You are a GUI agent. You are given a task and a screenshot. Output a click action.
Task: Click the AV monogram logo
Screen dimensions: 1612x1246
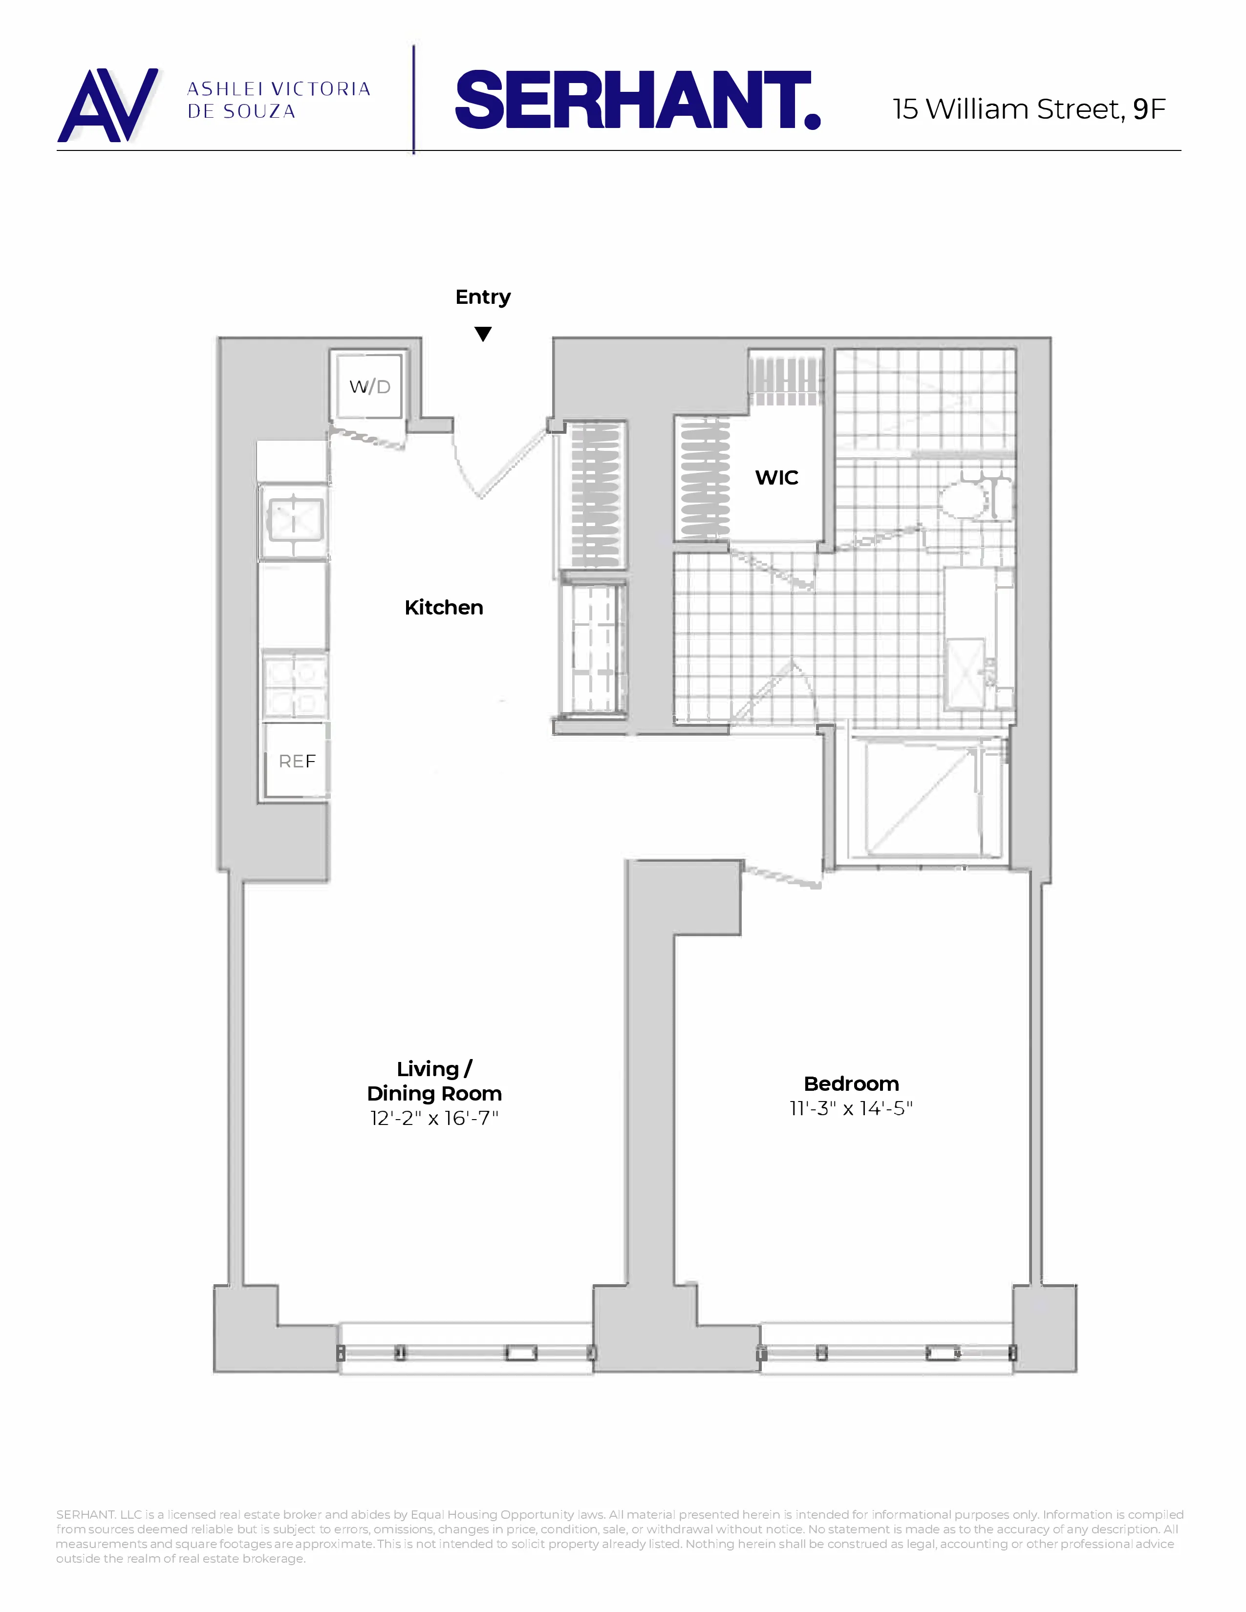[x=108, y=105]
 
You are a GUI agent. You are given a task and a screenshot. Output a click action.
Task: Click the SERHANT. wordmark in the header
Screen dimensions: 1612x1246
[x=638, y=101]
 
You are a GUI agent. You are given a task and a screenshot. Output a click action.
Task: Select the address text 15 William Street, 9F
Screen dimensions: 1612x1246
[x=1028, y=109]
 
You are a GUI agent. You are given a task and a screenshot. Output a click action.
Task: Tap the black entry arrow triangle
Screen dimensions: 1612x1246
[x=483, y=334]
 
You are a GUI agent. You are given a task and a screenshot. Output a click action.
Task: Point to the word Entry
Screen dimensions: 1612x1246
[x=483, y=297]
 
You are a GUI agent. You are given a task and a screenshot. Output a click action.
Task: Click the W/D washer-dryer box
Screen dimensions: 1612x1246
[x=369, y=386]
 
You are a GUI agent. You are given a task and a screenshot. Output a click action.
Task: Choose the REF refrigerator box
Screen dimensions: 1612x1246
[x=297, y=760]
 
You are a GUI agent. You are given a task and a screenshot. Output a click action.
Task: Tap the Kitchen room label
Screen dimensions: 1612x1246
[x=444, y=608]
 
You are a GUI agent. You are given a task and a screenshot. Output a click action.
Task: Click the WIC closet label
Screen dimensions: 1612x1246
[x=776, y=478]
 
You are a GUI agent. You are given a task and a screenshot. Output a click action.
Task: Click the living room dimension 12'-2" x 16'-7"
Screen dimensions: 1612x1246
[x=434, y=1118]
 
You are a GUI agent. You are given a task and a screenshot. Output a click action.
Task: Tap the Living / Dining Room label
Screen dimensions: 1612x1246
[x=434, y=1082]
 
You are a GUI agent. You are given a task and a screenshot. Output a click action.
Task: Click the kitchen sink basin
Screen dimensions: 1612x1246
[x=294, y=520]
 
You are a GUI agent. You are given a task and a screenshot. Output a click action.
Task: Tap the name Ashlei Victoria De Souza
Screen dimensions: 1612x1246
[x=279, y=100]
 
